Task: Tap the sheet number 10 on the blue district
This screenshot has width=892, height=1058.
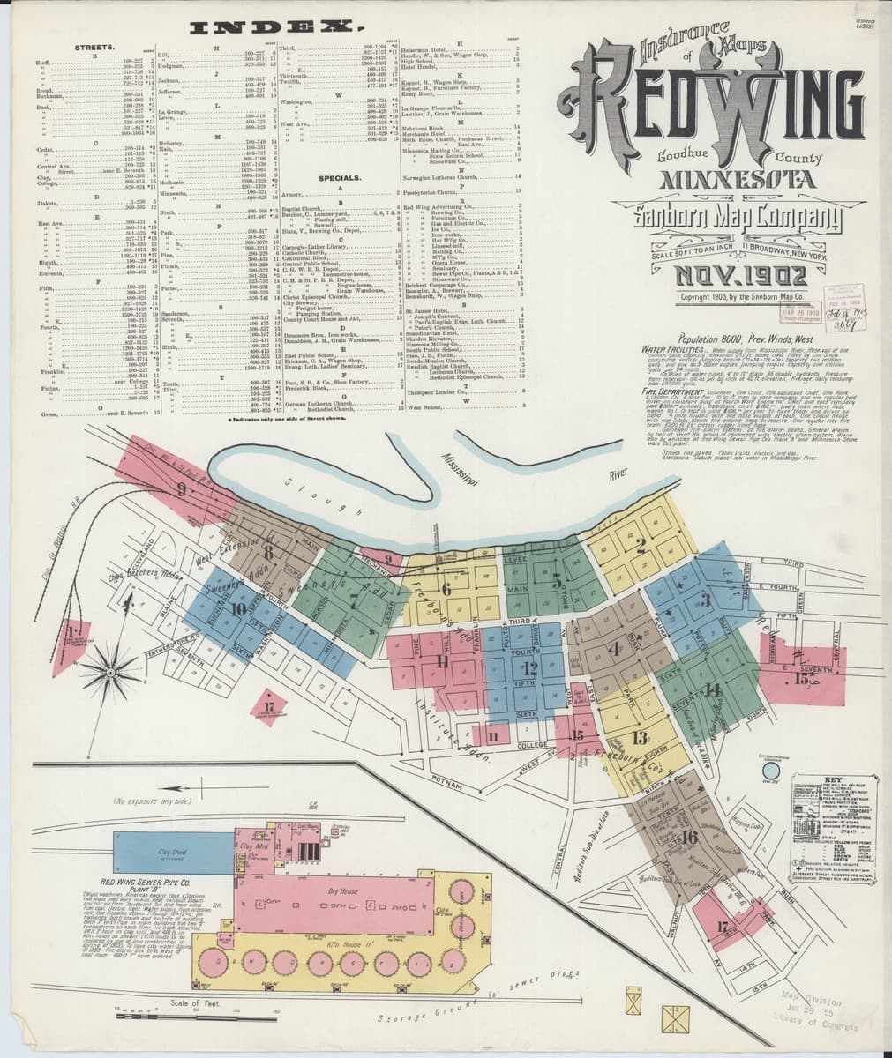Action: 237,607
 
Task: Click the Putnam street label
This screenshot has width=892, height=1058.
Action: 449,779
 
